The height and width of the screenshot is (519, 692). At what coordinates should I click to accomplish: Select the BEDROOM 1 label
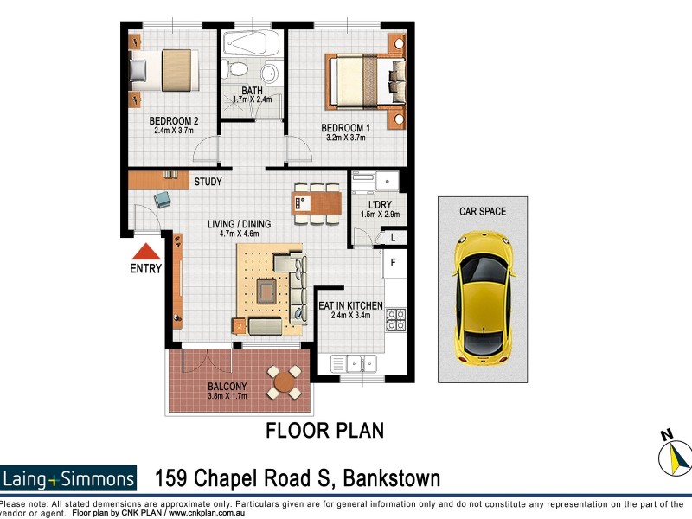pyautogui.click(x=345, y=127)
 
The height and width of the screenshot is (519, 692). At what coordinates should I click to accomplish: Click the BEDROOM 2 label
pyautogui.click(x=175, y=121)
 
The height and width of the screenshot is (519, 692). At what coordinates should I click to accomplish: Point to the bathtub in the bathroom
pyautogui.click(x=251, y=42)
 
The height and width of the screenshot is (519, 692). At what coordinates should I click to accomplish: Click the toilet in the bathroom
pyautogui.click(x=237, y=69)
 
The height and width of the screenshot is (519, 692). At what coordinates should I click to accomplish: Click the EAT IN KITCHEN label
pyautogui.click(x=350, y=305)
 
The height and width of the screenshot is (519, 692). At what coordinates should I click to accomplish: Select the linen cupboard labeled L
pyautogui.click(x=392, y=237)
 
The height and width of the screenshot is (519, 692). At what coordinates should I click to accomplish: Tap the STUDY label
pyautogui.click(x=208, y=182)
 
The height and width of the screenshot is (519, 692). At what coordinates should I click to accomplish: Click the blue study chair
pyautogui.click(x=162, y=200)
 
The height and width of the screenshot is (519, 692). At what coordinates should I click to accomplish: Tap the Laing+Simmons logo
pyautogui.click(x=68, y=478)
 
